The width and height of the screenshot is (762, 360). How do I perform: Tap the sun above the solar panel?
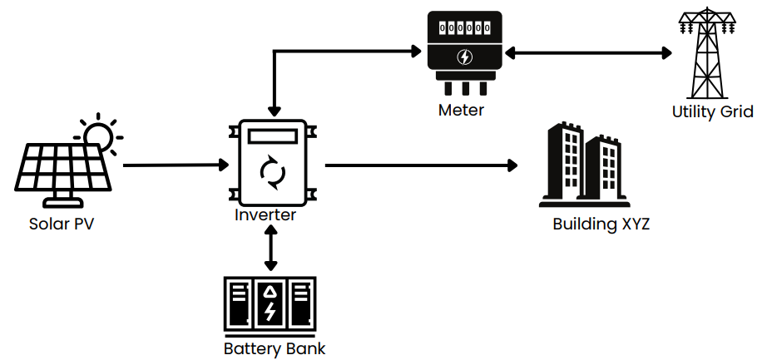pos(100,133)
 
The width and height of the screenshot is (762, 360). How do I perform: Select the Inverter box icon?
pos(271,165)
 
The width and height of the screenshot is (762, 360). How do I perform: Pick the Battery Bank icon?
pos(270,305)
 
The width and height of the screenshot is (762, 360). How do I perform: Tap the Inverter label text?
pos(265,215)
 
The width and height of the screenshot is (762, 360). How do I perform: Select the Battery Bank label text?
pos(275,348)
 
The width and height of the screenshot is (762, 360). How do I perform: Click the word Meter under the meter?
pos(461,110)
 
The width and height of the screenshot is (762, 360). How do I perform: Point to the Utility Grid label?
pos(713,112)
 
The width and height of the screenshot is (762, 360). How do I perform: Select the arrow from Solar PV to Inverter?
pos(176,165)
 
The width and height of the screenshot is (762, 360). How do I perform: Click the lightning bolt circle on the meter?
pos(466,58)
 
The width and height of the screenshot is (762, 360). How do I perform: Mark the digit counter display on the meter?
pos(465,27)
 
